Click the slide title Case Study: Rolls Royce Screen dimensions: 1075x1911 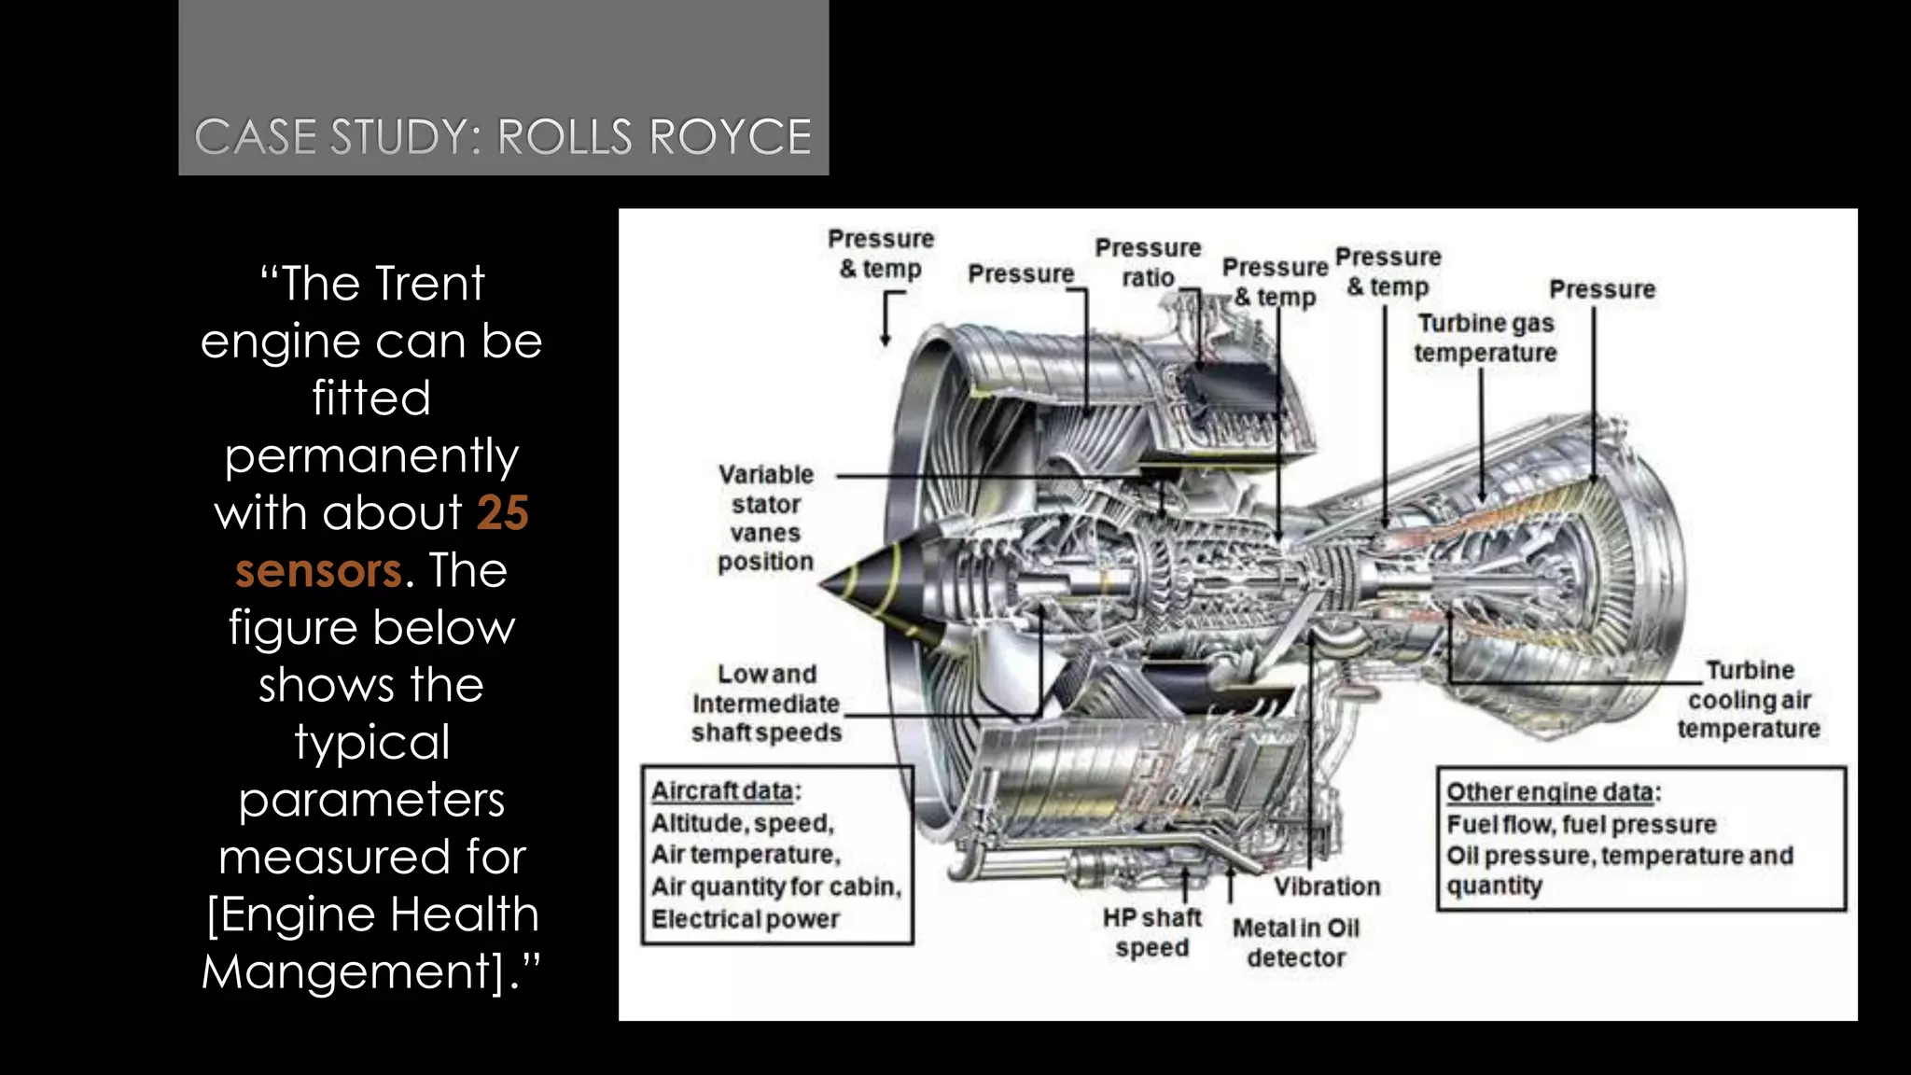pos(503,137)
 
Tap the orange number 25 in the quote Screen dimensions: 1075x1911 pos(503,512)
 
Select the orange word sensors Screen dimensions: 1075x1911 pos(318,570)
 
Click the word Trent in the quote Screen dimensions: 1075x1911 pos(430,284)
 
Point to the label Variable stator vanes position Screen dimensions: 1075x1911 pos(766,518)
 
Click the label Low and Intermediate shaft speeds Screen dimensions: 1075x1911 pos(766,703)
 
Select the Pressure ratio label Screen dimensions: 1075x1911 pos(1148,262)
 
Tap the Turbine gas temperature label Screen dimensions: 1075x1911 pos(1486,338)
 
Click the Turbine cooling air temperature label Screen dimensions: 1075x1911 pos(1749,699)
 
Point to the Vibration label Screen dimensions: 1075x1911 pos(1327,887)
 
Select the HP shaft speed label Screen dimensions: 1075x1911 pos(1152,932)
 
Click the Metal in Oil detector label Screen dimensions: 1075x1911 pos(1296,942)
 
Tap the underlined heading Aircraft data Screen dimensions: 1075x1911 pos(723,791)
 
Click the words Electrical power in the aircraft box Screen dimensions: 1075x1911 pos(746,919)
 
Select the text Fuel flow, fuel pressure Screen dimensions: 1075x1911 pos(1582,825)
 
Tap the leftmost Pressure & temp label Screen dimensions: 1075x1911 pos(881,253)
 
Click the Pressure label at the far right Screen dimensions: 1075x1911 pos(1602,289)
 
